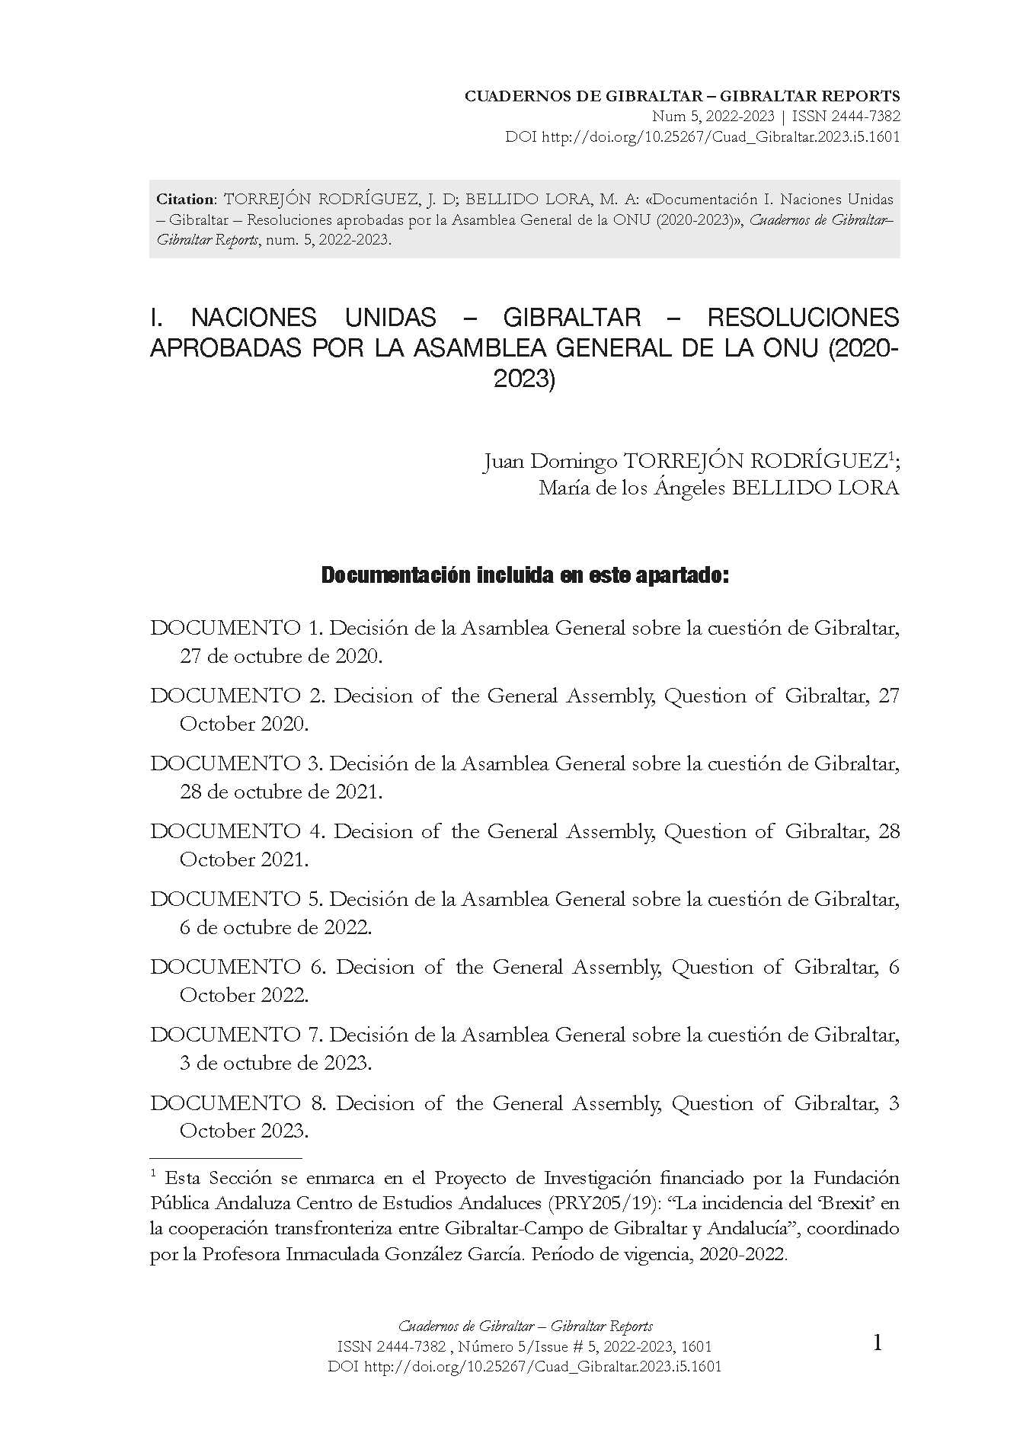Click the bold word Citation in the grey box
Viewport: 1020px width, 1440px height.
[x=185, y=200]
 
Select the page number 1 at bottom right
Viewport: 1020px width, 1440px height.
[x=877, y=1342]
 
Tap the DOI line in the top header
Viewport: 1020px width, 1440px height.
[x=702, y=138]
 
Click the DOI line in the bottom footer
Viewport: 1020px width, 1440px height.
[x=524, y=1366]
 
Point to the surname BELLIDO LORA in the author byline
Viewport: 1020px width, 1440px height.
[x=815, y=488]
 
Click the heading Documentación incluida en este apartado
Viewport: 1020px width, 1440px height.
[x=525, y=576]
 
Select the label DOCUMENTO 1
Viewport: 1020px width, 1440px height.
[x=236, y=629]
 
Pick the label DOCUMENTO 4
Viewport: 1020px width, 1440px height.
[x=238, y=831]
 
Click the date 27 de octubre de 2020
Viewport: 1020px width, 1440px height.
[x=280, y=656]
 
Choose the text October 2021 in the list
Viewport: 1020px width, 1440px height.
[x=244, y=859]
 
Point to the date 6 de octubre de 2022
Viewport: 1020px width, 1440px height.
[x=276, y=927]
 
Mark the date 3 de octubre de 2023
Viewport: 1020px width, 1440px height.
[x=276, y=1063]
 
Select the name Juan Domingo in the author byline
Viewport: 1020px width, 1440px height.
[x=550, y=462]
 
